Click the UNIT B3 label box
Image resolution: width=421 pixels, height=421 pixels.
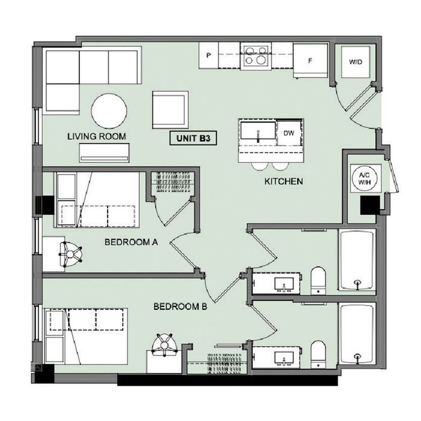tap(193, 138)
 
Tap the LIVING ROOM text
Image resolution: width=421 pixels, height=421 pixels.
tap(97, 136)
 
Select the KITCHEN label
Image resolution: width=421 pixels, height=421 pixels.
tap(284, 181)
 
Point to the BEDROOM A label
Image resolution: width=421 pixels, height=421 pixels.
tap(131, 243)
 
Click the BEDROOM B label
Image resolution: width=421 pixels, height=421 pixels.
tap(180, 307)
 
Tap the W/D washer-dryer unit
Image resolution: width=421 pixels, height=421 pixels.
tap(355, 62)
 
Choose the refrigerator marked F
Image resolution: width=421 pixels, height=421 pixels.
tap(310, 61)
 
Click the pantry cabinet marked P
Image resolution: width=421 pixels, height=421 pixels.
tap(209, 55)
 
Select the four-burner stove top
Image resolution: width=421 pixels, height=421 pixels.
tap(256, 56)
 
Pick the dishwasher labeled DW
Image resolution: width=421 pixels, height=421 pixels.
tap(289, 133)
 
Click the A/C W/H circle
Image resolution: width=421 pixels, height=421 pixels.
tap(364, 178)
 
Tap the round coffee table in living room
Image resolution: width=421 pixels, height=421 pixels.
tap(109, 111)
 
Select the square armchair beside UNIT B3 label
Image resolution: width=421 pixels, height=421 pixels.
tap(170, 110)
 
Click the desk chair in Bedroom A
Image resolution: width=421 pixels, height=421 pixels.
tap(71, 254)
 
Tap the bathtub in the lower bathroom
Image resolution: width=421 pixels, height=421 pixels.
tap(357, 334)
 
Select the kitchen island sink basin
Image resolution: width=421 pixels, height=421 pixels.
tap(258, 130)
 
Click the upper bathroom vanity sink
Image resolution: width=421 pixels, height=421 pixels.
tap(284, 284)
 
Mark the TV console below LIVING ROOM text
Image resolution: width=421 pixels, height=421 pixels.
tap(104, 153)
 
